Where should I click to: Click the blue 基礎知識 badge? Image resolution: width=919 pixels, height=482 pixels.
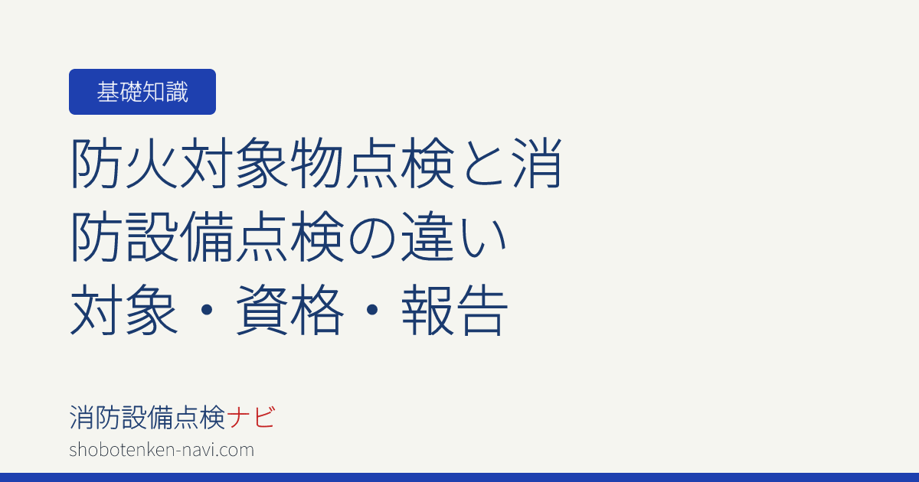tap(142, 92)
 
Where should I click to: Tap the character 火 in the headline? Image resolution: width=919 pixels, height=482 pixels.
tap(152, 163)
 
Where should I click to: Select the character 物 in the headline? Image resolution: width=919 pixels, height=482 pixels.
tap(317, 163)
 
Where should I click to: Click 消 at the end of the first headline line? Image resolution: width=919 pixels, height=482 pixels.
tap(537, 163)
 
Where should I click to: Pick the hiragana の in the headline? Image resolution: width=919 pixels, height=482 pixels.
tap(372, 236)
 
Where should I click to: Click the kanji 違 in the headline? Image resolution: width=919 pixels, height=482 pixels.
tap(427, 236)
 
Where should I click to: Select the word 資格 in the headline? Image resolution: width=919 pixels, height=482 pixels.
tap(289, 309)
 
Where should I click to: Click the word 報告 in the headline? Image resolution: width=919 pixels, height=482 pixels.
tap(455, 309)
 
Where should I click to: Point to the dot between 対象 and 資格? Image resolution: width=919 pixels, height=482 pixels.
tap(207, 310)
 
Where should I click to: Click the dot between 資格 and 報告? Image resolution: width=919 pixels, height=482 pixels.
tap(372, 310)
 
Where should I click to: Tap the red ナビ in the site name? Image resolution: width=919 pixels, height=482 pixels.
tap(250, 417)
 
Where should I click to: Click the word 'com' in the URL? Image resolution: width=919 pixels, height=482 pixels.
tap(239, 451)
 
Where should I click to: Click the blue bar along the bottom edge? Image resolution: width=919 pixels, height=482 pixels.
tap(459, 477)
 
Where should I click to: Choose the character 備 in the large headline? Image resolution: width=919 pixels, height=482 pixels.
tap(208, 236)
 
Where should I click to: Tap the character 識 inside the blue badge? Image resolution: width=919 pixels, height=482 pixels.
tap(176, 92)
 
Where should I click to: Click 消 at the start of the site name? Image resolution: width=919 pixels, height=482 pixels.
tap(82, 417)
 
